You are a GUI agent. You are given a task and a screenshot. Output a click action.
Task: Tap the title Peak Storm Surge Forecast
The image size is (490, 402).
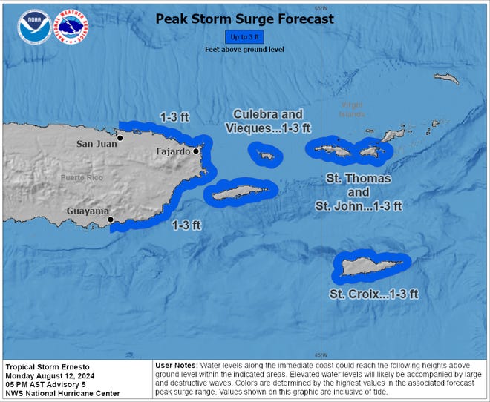click(244, 19)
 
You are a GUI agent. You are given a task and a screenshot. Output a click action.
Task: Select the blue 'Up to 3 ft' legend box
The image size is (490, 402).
click(244, 36)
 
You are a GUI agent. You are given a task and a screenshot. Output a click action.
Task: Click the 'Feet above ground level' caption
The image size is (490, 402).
click(244, 49)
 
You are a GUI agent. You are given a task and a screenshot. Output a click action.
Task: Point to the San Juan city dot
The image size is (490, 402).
click(120, 138)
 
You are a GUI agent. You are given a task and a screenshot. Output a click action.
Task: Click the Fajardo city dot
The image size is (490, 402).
click(196, 151)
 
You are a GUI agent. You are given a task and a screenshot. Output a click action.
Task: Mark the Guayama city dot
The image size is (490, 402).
click(110, 220)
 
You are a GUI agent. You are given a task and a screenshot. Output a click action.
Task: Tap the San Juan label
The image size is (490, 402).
click(97, 144)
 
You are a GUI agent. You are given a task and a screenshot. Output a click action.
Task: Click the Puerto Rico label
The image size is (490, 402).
click(83, 178)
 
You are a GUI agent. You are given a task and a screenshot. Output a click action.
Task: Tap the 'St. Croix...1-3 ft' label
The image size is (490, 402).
click(373, 294)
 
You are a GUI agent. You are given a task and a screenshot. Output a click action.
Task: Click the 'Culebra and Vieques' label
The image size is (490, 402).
click(268, 121)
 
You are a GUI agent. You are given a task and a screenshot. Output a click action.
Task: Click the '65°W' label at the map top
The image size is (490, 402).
click(321, 8)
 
